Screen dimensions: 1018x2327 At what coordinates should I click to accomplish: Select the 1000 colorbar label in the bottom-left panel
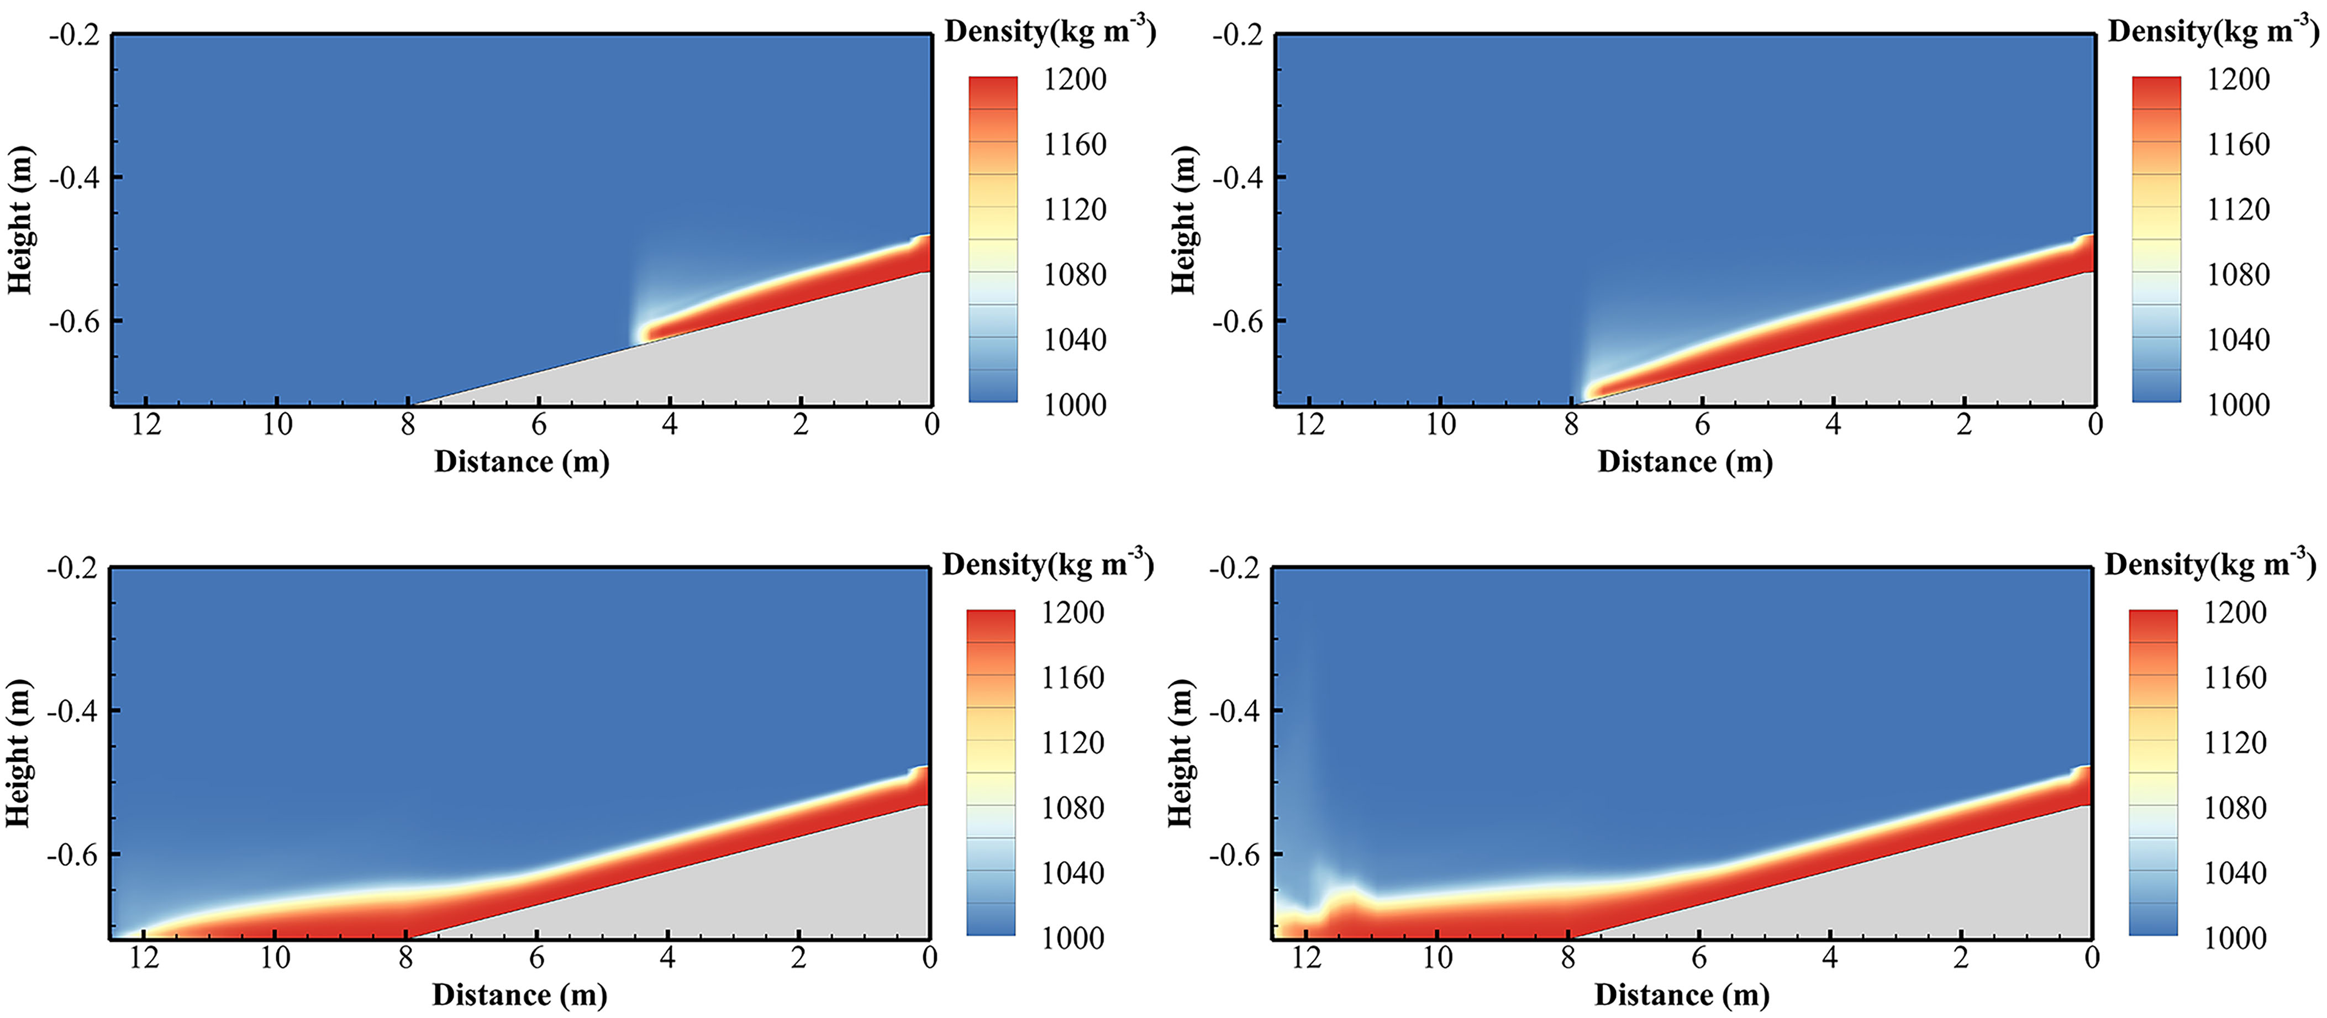pyautogui.click(x=1072, y=938)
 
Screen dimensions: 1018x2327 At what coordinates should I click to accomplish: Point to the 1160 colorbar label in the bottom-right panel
pyautogui.click(x=2235, y=678)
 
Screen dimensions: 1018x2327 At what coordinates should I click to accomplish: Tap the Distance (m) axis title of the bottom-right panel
pyautogui.click(x=1681, y=995)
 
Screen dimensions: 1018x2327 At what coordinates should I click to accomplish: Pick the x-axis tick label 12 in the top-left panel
pyautogui.click(x=146, y=424)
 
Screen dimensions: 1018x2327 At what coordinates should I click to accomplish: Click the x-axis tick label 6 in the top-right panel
pyautogui.click(x=1702, y=424)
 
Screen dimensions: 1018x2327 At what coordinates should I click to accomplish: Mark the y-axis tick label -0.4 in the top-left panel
pyautogui.click(x=75, y=178)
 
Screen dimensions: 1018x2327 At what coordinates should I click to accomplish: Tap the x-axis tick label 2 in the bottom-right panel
pyautogui.click(x=1960, y=957)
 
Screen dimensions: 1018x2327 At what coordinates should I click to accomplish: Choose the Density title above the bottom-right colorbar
pyautogui.click(x=2209, y=565)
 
